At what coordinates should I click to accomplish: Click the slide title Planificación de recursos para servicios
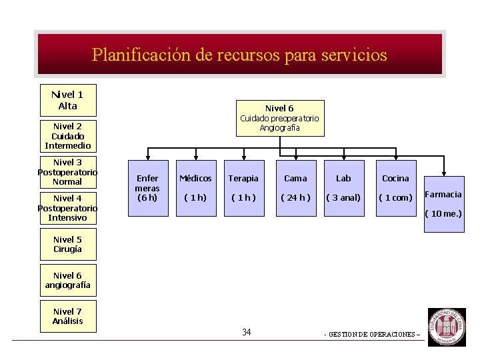239,55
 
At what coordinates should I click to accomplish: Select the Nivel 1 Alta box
67,100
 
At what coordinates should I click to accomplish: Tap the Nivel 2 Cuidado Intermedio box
67,136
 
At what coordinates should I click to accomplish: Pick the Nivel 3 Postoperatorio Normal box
67,172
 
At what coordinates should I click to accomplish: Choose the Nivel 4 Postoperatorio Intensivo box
67,208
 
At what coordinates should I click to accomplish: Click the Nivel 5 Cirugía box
67,245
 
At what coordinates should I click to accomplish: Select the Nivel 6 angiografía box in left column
67,280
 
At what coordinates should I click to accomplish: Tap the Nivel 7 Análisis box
67,316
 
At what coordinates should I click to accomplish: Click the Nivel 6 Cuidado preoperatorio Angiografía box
279,118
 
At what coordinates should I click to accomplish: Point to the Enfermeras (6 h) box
147,188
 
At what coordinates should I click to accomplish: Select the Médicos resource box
195,188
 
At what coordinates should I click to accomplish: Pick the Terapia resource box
243,188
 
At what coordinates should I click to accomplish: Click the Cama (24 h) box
295,188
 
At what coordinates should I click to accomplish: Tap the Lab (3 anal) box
343,188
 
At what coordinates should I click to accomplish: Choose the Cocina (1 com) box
395,188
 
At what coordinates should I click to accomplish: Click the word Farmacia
443,195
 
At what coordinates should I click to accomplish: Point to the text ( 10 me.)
443,213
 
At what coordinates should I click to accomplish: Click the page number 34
247,332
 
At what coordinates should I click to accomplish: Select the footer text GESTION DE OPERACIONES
372,335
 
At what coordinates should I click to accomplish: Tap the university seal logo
447,327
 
